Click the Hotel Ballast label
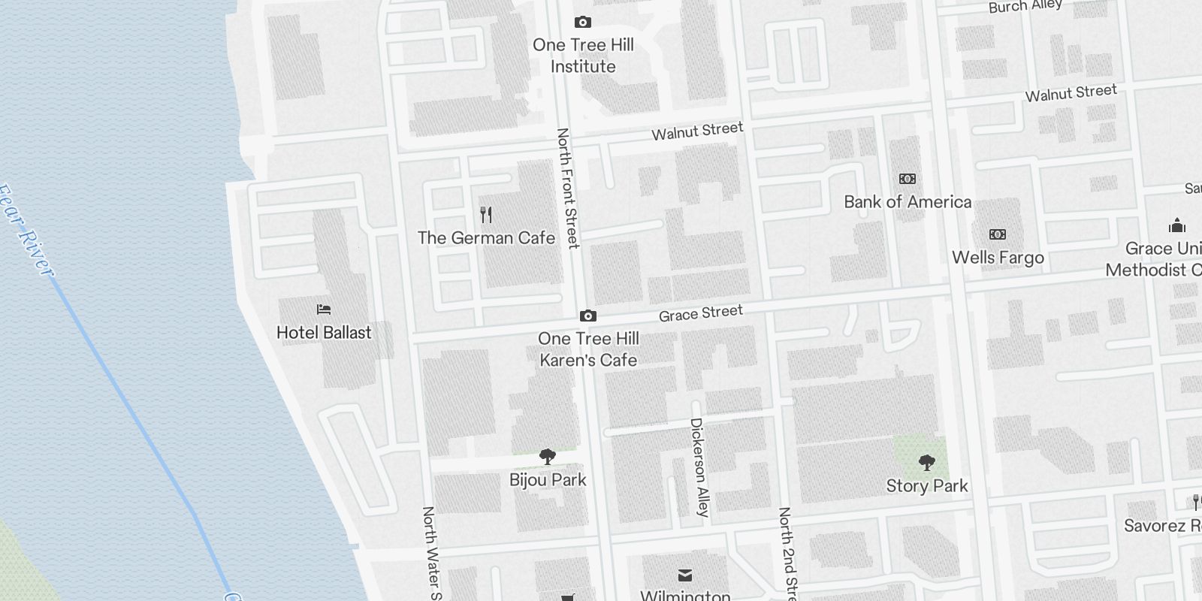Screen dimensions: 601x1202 [324, 333]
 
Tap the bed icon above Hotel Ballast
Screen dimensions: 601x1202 [324, 309]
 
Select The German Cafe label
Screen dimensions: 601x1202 [486, 238]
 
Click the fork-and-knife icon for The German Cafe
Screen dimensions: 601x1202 [486, 216]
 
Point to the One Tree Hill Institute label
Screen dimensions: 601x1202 [583, 56]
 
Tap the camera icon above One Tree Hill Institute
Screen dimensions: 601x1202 [582, 23]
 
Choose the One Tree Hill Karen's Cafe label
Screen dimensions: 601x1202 [588, 349]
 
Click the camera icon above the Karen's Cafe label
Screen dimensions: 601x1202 [588, 316]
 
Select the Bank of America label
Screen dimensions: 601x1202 [908, 202]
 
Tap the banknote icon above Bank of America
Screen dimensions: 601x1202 [908, 179]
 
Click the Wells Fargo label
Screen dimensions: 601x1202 [998, 258]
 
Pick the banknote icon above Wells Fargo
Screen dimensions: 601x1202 [998, 234]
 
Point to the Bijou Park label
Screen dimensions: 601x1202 [548, 480]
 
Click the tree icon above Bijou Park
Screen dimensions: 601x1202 [548, 456]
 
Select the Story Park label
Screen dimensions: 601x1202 [927, 486]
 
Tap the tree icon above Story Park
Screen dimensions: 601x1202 [927, 463]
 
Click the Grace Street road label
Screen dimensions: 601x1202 [701, 313]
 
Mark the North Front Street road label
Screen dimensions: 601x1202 [568, 188]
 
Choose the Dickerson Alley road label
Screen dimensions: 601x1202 [699, 467]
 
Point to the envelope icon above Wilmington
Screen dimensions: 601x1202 [685, 575]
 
